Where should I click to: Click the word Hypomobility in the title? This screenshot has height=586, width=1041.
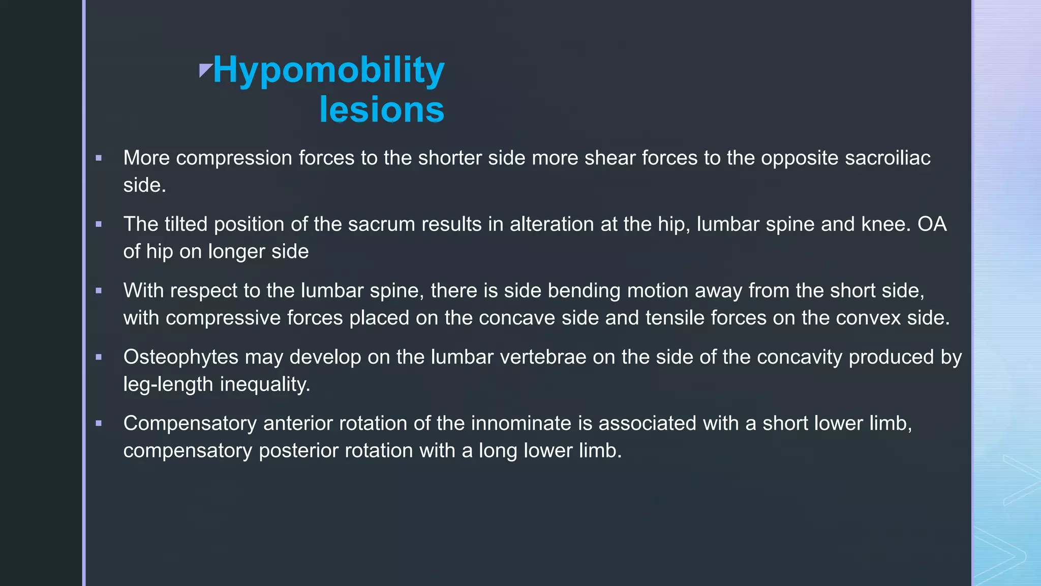pyautogui.click(x=329, y=70)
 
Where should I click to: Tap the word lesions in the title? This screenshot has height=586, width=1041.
pyautogui.click(x=382, y=110)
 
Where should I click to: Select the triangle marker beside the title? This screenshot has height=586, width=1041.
pyautogui.click(x=205, y=70)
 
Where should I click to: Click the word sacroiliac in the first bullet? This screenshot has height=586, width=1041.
pyautogui.click(x=887, y=158)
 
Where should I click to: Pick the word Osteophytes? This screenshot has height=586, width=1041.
pyautogui.click(x=180, y=357)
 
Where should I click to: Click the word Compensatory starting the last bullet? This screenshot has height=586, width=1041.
pyautogui.click(x=190, y=424)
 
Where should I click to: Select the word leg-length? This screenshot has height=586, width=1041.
pyautogui.click(x=168, y=385)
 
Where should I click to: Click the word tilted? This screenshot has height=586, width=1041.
pyautogui.click(x=186, y=224)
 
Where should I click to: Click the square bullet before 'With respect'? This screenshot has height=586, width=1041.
pyautogui.click(x=99, y=291)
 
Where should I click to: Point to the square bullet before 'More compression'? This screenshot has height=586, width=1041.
pyautogui.click(x=99, y=158)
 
